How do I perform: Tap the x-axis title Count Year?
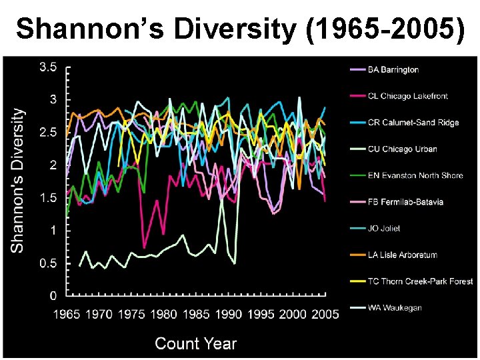pos(195,343)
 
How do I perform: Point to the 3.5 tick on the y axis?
pos(47,67)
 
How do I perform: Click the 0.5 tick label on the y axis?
pos(47,263)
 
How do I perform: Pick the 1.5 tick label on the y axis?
pos(47,198)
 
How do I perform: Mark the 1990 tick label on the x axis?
pos(228,313)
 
